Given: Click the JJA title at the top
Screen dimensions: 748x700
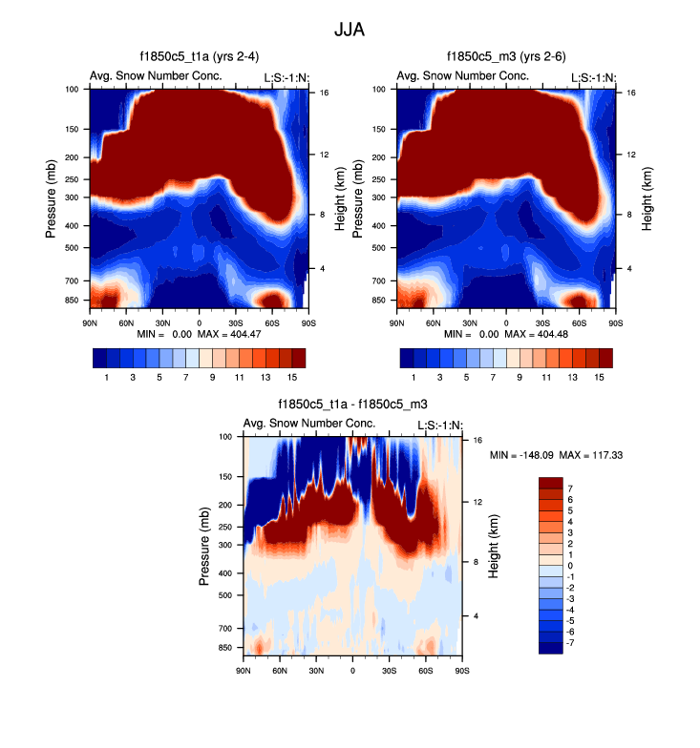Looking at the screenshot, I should (350, 30).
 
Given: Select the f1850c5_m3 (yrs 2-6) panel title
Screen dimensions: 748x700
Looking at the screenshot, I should (506, 58).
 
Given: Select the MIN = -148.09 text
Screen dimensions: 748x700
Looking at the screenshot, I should (520, 456).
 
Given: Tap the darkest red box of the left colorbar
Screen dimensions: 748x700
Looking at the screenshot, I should (299, 358).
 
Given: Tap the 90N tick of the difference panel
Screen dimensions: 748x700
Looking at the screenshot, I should (243, 671).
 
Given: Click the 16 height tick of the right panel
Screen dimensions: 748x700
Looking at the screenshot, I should (631, 93).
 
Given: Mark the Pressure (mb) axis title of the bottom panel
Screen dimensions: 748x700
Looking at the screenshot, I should (205, 547).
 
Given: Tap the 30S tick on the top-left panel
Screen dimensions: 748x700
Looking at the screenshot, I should (235, 322).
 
